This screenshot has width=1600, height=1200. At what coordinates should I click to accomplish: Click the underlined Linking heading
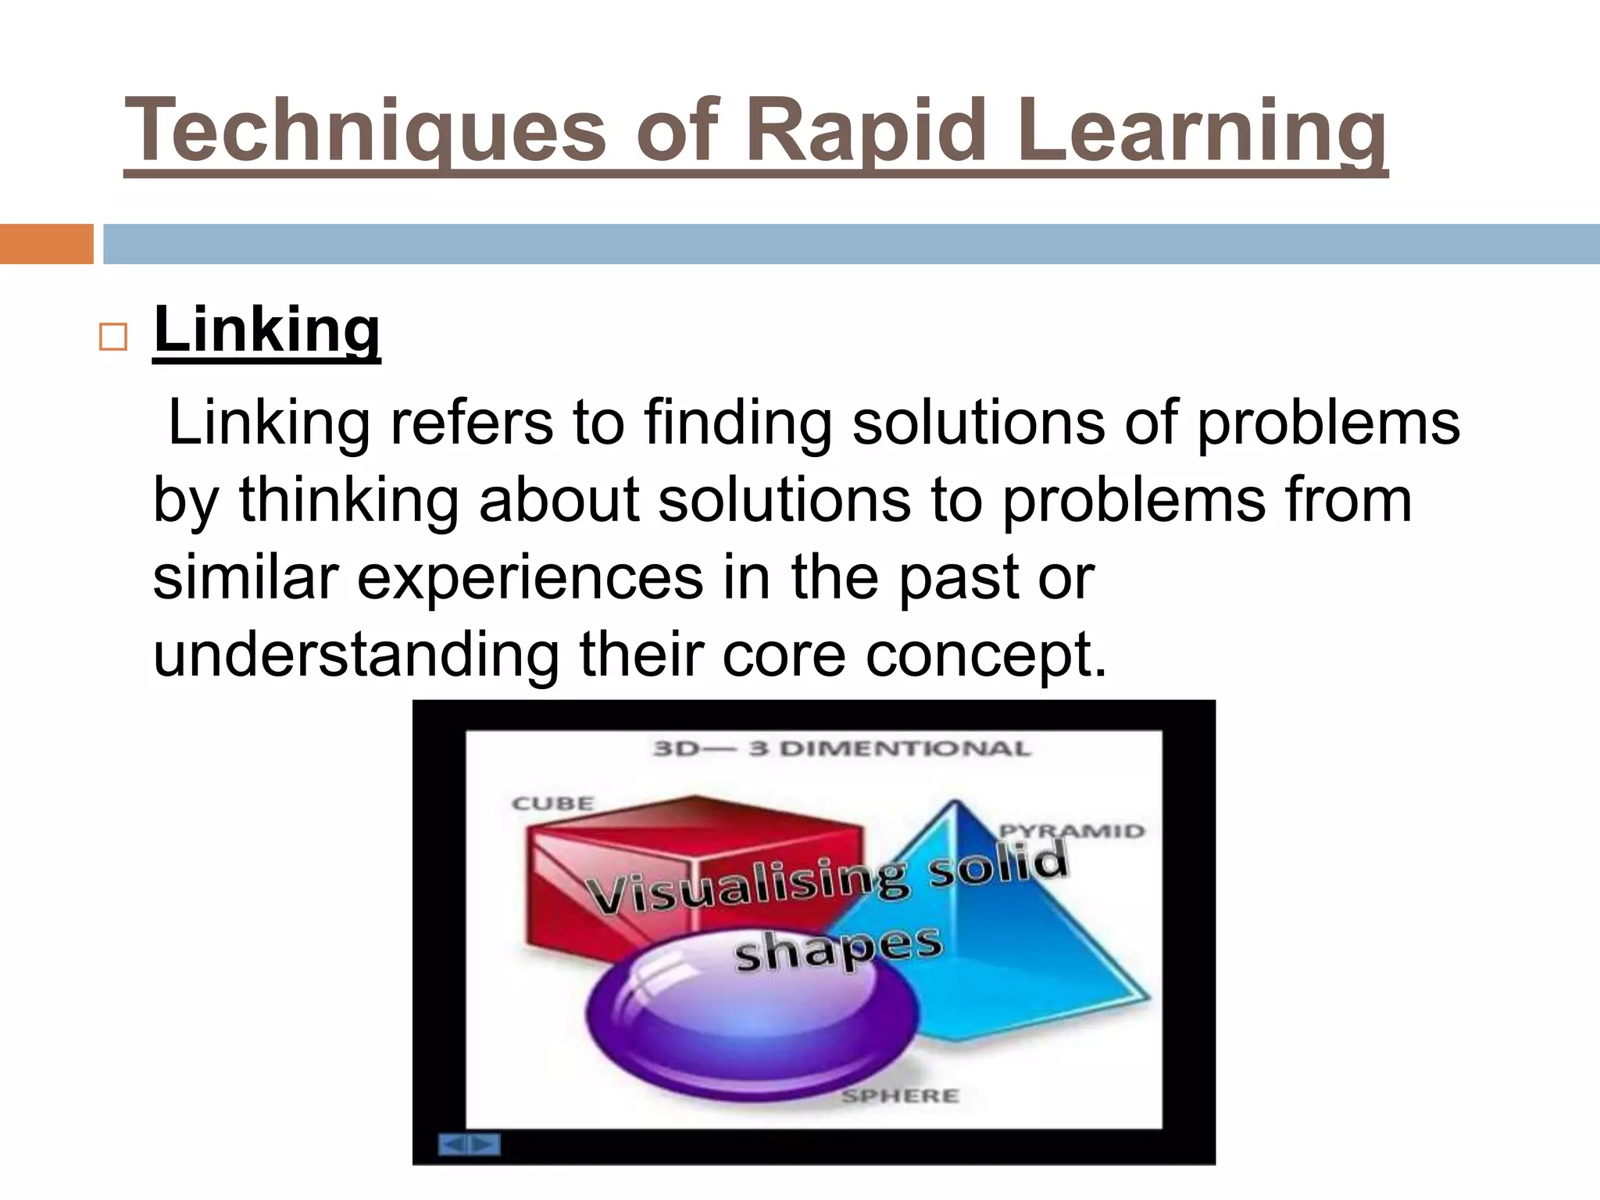(x=266, y=330)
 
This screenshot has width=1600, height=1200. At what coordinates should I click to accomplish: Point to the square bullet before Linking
(x=113, y=337)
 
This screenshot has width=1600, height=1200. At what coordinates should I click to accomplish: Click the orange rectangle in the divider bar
(x=46, y=244)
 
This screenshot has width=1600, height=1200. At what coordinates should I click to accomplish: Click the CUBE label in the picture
(x=553, y=803)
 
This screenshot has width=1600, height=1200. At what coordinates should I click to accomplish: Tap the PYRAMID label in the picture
(x=1073, y=830)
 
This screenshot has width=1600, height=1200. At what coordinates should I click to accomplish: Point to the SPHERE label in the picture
(x=900, y=1096)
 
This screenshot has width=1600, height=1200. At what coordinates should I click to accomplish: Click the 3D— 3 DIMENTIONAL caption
(x=841, y=748)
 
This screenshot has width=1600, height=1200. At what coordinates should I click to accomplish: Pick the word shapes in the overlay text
(x=837, y=948)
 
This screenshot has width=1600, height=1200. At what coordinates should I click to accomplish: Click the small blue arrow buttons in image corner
(x=469, y=1145)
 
